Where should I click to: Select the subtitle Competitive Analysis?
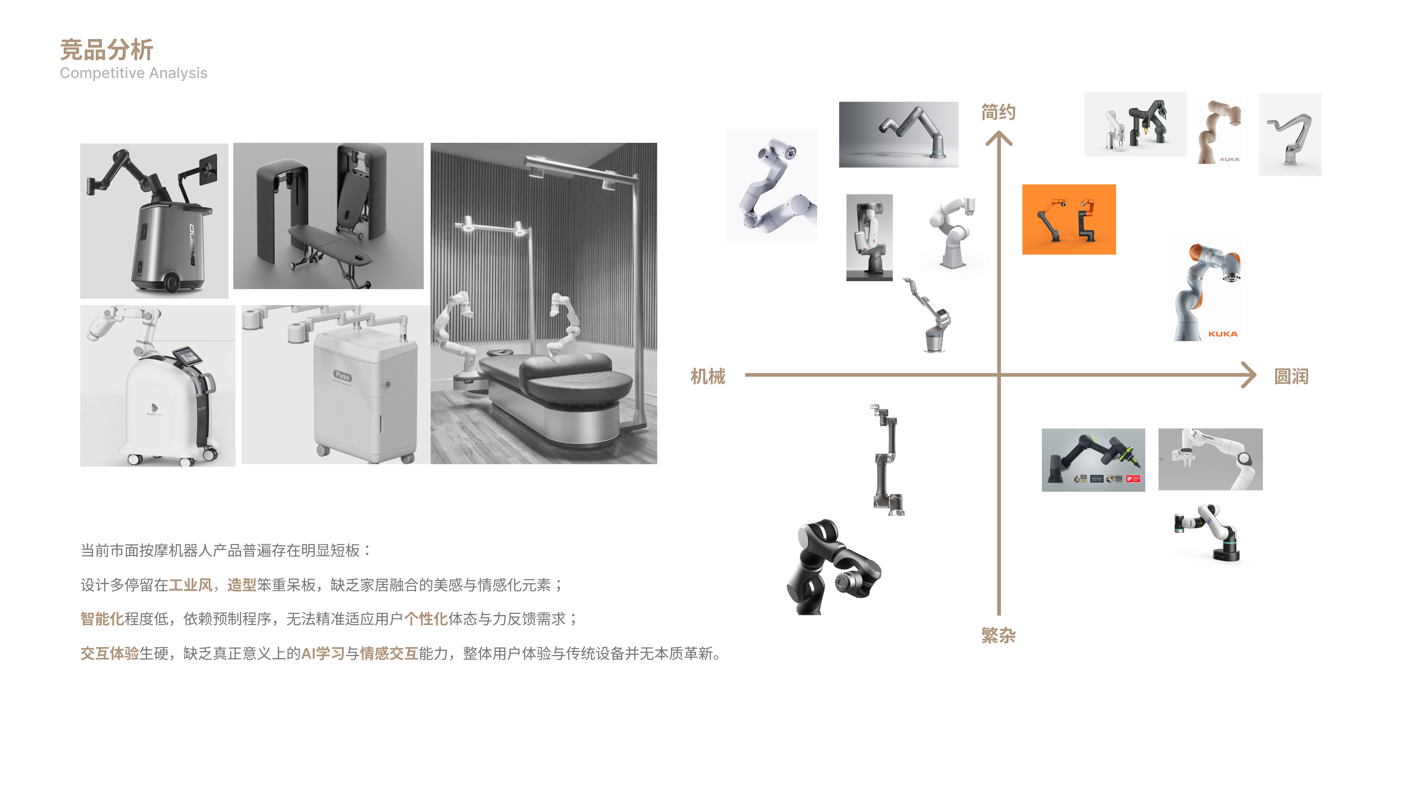click(x=133, y=73)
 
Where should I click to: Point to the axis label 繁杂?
click(x=998, y=635)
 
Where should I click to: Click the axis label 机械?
click(x=708, y=376)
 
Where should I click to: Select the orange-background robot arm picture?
click(x=1069, y=220)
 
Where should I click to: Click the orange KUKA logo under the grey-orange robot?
click(x=1223, y=334)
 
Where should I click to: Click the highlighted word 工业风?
click(x=190, y=585)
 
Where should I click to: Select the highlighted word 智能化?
click(x=102, y=619)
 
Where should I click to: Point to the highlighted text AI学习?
click(x=323, y=653)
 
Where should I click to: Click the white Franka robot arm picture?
click(x=1210, y=459)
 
